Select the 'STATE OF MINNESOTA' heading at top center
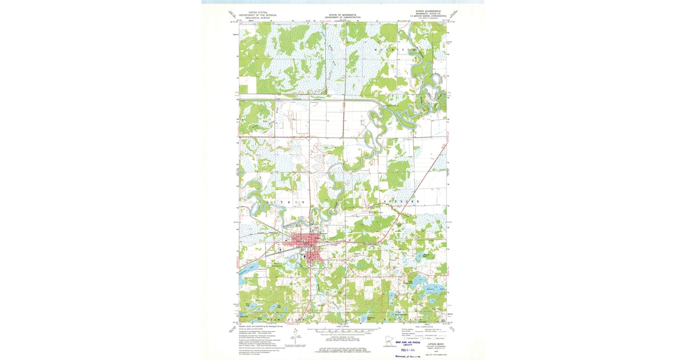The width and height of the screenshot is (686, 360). tap(343, 15)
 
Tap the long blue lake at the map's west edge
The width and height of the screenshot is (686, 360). tap(250, 267)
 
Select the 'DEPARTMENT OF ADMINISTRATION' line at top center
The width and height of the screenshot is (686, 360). tap(343, 18)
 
